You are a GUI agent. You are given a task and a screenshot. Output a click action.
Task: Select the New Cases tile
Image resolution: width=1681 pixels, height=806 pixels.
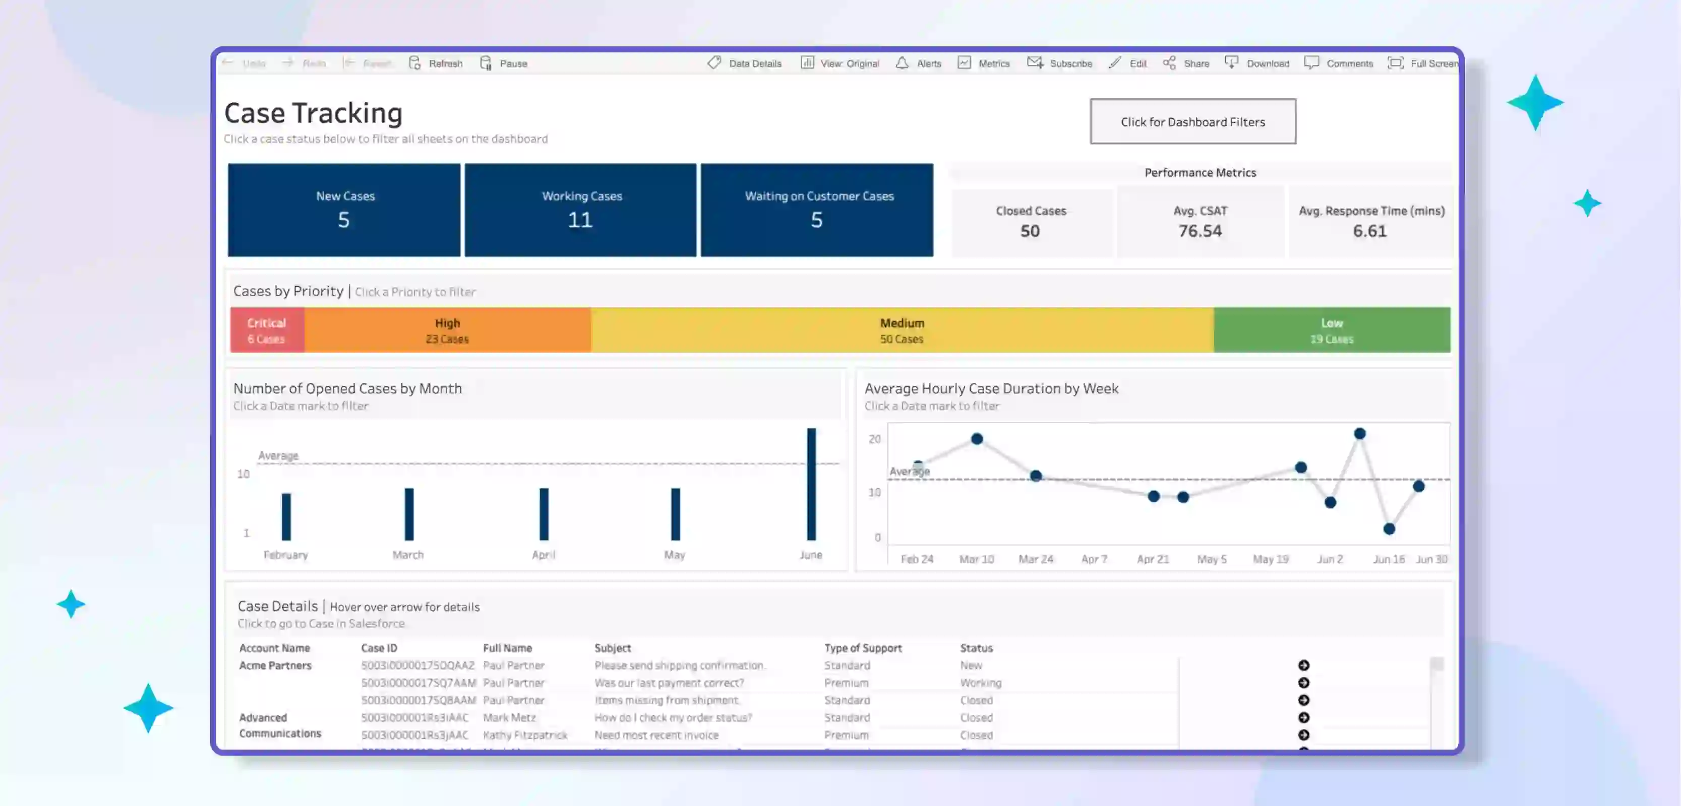point(344,210)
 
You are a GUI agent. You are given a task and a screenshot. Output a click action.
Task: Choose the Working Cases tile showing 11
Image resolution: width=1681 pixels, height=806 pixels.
point(580,210)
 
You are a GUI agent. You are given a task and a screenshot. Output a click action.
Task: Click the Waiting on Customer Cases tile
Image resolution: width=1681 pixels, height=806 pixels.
point(816,210)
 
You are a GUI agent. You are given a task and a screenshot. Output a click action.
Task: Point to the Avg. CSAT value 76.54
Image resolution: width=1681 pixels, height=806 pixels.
point(1199,231)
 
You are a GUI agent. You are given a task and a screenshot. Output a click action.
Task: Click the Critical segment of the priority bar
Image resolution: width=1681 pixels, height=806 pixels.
point(266,330)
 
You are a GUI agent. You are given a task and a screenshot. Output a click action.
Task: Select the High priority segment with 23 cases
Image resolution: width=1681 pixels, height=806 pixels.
point(447,330)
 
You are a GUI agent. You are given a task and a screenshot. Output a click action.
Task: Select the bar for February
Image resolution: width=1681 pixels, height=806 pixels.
point(286,516)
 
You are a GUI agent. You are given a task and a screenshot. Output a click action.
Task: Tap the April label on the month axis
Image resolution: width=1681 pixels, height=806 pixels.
point(543,555)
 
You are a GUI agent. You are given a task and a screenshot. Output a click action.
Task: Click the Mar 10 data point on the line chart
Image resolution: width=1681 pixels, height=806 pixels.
point(976,439)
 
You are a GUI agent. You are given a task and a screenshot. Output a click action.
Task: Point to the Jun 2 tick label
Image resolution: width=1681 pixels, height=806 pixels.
point(1329,559)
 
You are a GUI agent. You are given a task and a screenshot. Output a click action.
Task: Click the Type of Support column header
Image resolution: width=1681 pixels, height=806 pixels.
point(863,647)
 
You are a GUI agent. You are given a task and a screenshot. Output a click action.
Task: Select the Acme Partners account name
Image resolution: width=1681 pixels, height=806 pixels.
point(275,665)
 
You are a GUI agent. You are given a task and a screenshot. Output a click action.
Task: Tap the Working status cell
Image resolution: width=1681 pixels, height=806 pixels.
point(980,683)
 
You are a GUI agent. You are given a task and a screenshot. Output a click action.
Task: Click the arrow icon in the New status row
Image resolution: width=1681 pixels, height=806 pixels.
point(1303,665)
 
